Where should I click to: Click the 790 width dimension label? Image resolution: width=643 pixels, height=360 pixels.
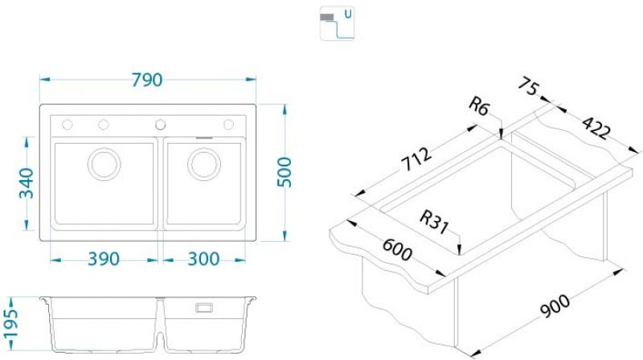[147, 80]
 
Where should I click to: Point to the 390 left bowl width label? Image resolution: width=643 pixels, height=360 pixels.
[103, 259]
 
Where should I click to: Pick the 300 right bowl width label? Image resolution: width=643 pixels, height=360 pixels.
[203, 259]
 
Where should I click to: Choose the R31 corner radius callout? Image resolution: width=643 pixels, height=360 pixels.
[433, 219]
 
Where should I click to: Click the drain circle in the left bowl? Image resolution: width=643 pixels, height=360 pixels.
[104, 163]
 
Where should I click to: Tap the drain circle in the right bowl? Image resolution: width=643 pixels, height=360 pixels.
[204, 163]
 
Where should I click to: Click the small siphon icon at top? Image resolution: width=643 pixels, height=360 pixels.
[337, 23]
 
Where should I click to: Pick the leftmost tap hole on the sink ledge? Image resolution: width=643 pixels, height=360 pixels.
[68, 124]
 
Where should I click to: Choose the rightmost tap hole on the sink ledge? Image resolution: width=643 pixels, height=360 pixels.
[228, 124]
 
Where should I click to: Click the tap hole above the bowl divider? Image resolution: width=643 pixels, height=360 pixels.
[160, 124]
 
